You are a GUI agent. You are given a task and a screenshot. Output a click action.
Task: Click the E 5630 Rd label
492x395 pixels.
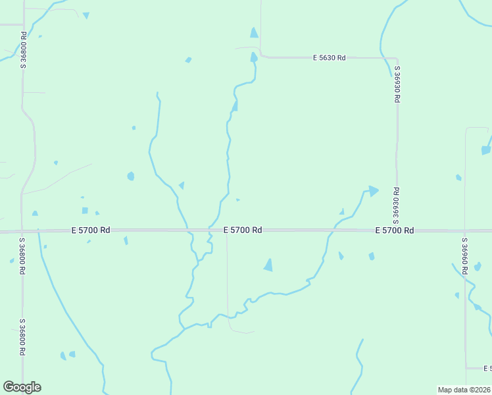pos(329,58)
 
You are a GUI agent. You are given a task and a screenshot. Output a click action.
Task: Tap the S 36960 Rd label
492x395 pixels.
pos(464,259)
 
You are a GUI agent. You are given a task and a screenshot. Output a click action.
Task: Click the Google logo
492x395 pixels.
pos(22,387)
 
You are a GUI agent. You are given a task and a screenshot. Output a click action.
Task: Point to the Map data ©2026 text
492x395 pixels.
pos(464,390)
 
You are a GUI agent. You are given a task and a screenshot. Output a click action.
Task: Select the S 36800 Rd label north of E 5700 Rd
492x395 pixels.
pos(23,49)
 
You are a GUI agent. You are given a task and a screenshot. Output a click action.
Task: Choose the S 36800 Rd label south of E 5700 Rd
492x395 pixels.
pos(22,337)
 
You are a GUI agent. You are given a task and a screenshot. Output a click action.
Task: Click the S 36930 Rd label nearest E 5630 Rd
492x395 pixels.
pos(397,84)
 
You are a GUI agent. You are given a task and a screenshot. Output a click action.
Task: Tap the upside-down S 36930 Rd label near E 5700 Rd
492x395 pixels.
pos(397,205)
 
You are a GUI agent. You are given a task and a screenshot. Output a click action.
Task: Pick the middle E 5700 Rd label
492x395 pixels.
pos(243,230)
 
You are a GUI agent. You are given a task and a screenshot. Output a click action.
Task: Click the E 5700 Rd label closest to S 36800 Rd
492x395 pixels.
pos(90,230)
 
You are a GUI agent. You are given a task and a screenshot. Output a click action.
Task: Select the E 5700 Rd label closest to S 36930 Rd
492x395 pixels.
pos(395,230)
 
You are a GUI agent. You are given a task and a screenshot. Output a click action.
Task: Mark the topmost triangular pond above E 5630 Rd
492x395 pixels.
pos(254,33)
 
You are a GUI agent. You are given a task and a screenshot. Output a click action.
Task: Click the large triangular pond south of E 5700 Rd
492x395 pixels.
pos(268,265)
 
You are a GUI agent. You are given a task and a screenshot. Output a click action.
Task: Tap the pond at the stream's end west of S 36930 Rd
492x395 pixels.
pos(373,191)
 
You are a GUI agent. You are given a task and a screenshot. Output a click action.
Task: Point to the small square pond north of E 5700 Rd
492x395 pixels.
pos(85,211)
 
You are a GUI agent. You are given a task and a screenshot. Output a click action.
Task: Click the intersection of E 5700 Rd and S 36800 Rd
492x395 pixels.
pos(22,231)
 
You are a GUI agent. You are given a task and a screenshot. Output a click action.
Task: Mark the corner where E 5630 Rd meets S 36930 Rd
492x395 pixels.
pos(397,59)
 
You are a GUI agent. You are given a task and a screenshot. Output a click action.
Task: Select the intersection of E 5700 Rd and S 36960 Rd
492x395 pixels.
pos(465,231)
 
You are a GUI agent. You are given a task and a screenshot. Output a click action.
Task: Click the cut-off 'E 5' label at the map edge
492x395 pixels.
pos(487,368)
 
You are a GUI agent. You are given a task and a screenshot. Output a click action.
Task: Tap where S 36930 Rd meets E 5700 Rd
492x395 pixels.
pos(397,230)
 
